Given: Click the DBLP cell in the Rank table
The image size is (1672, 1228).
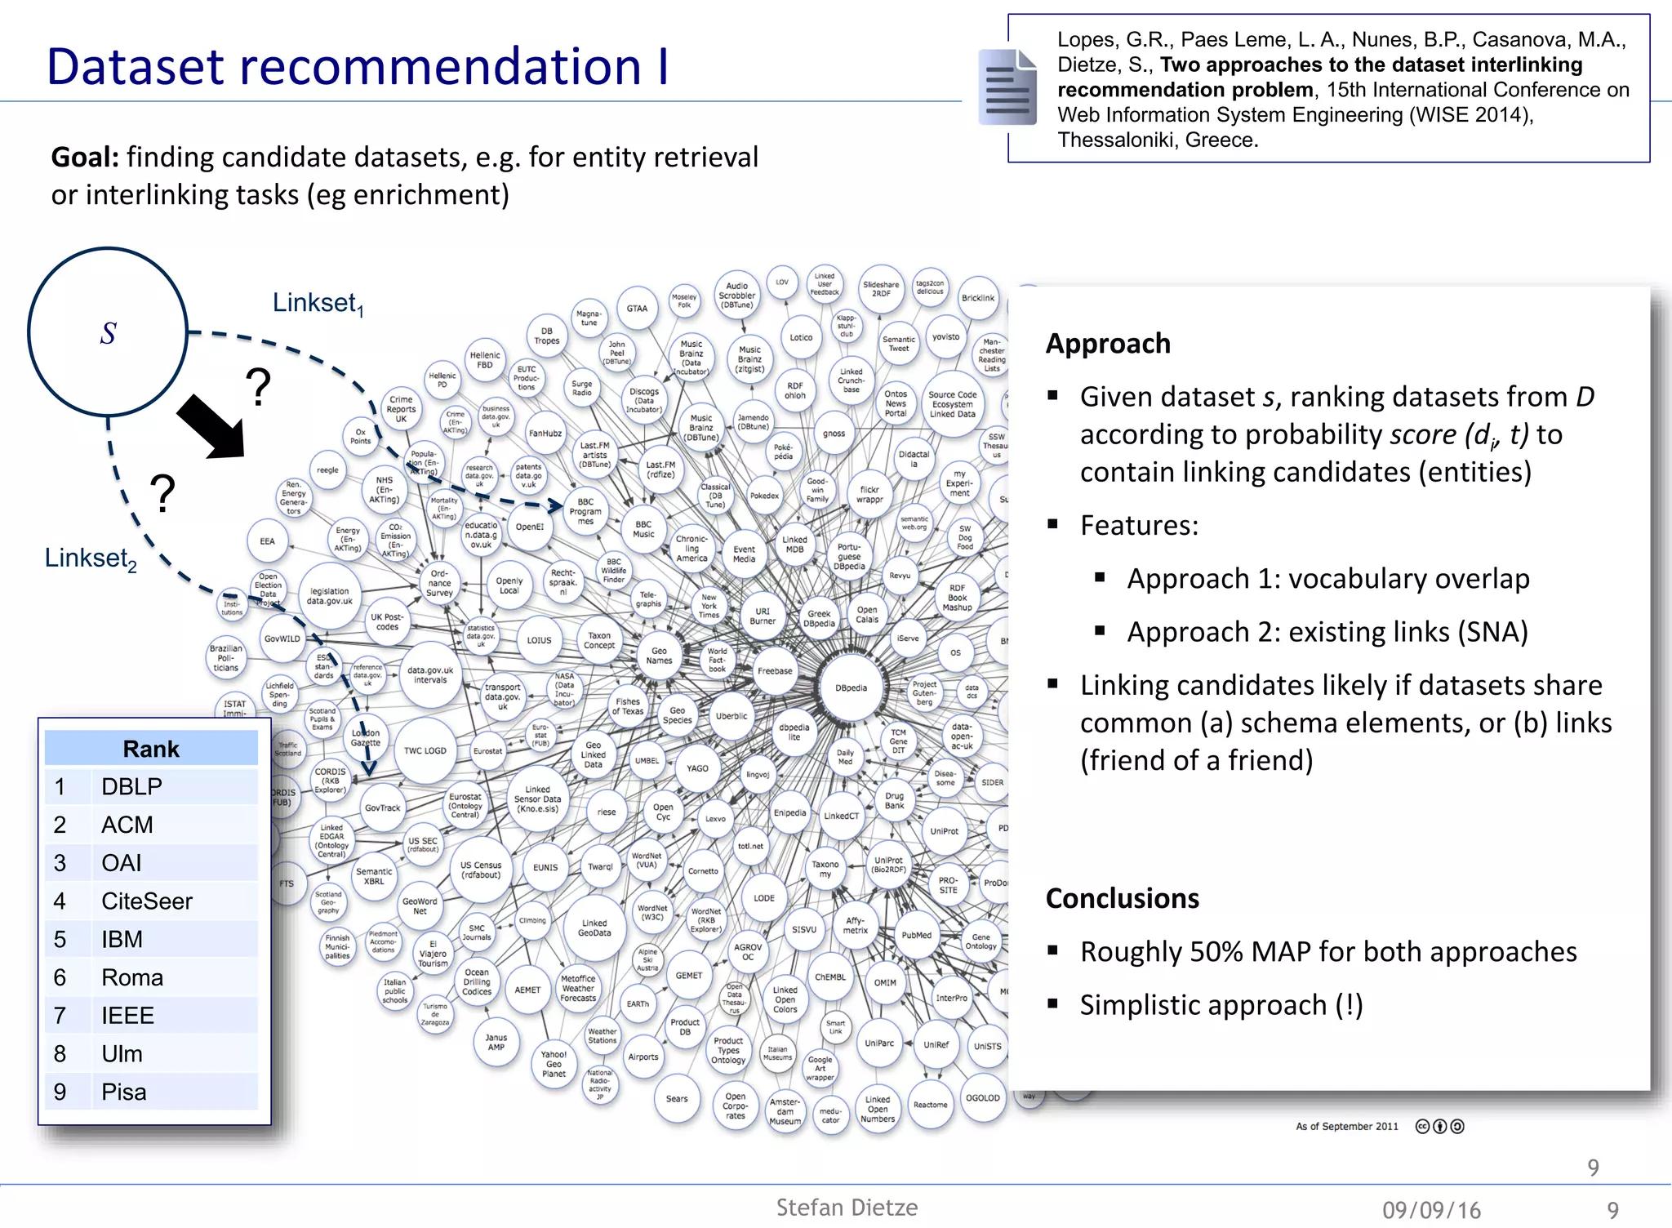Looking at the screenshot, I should coord(131,786).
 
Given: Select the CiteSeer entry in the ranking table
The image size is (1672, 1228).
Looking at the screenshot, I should coord(147,901).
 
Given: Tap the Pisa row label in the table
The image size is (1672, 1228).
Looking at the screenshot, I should coord(124,1092).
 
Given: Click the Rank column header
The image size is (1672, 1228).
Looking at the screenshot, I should coord(151,749).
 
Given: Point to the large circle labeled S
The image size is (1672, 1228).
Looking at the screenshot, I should coord(108,331).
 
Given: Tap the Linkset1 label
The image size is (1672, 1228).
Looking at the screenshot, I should coord(318,303).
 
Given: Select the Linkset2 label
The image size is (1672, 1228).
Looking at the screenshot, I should coord(91,558).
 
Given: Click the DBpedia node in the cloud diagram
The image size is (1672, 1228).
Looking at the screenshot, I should coord(851,687).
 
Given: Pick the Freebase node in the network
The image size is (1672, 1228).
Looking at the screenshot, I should coord(775,671).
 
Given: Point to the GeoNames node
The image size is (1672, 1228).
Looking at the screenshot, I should coord(659,656).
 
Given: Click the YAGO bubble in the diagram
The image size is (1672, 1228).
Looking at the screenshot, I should coord(697,768).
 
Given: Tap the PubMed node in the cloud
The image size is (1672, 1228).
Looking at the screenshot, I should coord(916,936).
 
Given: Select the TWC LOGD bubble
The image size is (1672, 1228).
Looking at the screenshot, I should coord(425,750).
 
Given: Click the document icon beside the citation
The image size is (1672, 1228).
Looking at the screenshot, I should coord(1007,87).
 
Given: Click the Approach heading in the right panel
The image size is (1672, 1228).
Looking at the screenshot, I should coord(1108,344).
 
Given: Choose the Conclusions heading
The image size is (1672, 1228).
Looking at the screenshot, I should coord(1122,898).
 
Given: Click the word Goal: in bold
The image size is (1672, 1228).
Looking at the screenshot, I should coord(85,157).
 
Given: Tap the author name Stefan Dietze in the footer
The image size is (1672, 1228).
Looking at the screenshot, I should coord(847,1208).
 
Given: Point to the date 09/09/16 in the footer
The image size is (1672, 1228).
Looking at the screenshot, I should coord(1431,1210).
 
